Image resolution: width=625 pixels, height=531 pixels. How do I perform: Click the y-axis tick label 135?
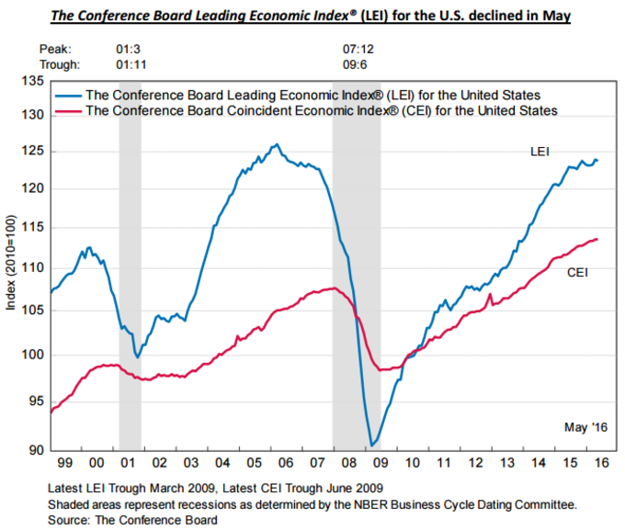click(31, 81)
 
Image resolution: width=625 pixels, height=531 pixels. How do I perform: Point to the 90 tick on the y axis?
click(35, 450)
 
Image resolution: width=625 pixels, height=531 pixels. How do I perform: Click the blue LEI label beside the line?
click(540, 151)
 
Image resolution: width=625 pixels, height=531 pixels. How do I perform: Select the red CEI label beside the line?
click(576, 273)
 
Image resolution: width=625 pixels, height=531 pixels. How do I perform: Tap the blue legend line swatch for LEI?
click(67, 95)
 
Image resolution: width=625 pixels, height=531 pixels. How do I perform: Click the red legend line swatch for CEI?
click(67, 110)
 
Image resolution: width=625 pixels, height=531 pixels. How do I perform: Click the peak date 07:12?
click(357, 48)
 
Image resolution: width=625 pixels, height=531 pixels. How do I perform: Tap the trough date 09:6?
click(354, 64)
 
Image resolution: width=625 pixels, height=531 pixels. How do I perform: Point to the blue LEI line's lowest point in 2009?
click(371, 446)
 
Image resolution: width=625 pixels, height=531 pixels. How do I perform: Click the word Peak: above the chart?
click(56, 48)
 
